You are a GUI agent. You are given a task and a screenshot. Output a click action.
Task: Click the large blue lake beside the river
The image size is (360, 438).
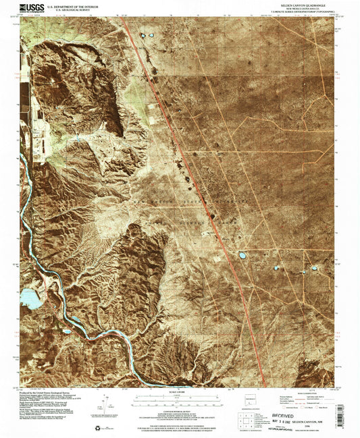coord(30,296)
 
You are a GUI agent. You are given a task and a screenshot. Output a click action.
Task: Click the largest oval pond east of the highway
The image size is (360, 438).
coord(242,255)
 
